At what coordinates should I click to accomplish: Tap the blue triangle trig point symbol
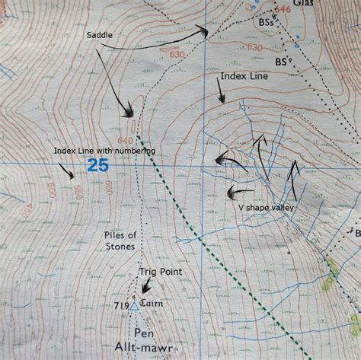click(135, 306)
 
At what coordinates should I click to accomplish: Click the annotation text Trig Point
click(158, 271)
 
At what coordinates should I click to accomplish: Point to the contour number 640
click(125, 141)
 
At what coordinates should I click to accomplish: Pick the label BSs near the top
click(266, 24)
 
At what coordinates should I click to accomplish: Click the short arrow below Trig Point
click(143, 287)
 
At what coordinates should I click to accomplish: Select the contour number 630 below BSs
click(254, 47)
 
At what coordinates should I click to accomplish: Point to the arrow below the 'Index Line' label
click(220, 94)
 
